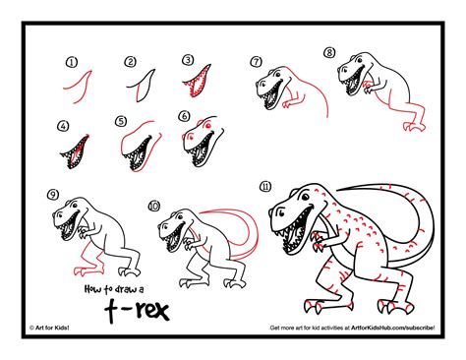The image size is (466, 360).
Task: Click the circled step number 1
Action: (72, 62)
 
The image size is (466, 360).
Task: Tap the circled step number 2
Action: (130, 62)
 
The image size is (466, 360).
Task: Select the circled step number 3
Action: (188, 60)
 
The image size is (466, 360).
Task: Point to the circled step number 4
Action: (63, 126)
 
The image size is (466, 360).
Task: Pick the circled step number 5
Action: (121, 121)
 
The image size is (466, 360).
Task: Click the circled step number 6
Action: (184, 116)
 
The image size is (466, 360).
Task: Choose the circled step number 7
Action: (257, 62)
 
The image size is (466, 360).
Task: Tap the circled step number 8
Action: (329, 52)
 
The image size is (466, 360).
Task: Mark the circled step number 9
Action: (53, 195)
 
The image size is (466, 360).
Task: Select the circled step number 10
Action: (153, 206)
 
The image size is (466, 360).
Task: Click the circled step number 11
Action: (265, 187)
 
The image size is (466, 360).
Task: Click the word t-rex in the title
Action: (137, 310)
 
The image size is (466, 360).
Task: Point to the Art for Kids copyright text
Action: (49, 328)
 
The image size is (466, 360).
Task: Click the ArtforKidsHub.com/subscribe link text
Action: (393, 328)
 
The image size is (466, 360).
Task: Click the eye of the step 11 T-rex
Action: (305, 197)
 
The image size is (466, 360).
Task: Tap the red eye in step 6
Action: (206, 125)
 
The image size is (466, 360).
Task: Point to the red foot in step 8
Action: (414, 126)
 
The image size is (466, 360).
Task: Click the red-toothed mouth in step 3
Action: (199, 82)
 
